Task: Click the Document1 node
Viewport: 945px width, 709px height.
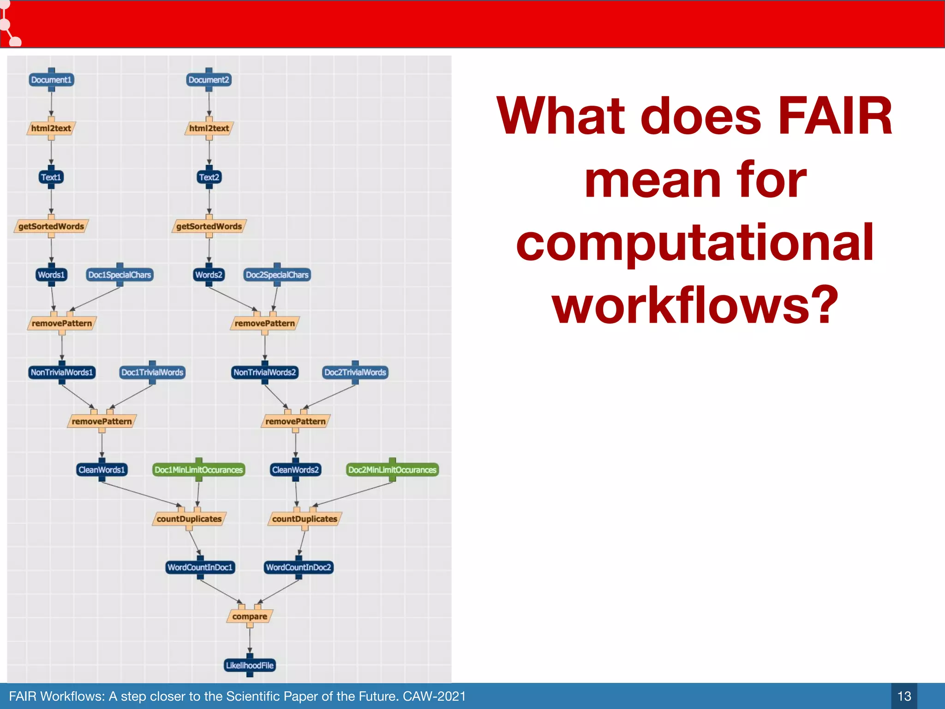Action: coord(51,80)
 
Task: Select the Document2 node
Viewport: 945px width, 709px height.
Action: coord(209,80)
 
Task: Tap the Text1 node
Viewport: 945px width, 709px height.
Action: coord(51,177)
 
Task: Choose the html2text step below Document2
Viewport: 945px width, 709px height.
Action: coord(209,128)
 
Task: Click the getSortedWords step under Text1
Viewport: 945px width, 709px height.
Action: coord(51,226)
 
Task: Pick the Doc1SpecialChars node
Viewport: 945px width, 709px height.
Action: coord(120,275)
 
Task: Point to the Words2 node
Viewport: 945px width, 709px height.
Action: coord(209,275)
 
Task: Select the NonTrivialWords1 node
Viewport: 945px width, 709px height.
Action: coord(62,373)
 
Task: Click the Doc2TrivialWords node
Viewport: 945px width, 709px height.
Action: coord(355,373)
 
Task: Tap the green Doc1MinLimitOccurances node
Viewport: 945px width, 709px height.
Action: coord(198,470)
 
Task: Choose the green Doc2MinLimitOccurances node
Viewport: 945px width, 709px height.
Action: coord(392,470)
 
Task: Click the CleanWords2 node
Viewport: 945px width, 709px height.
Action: coord(295,470)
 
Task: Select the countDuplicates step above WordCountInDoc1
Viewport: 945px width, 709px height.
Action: coord(189,519)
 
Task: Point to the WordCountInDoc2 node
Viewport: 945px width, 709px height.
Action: coord(299,567)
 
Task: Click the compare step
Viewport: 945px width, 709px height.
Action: coord(250,617)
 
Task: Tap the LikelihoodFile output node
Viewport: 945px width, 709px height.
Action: coord(250,666)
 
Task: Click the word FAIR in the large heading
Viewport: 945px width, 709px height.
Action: coord(835,116)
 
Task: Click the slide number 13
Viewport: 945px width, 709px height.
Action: coord(904,696)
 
